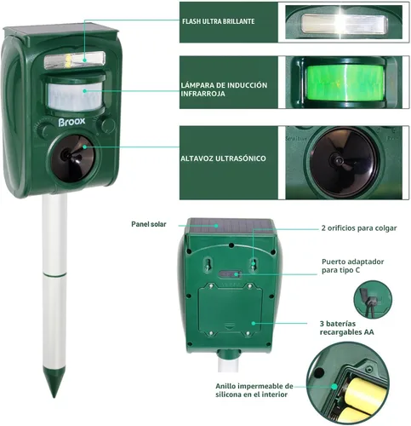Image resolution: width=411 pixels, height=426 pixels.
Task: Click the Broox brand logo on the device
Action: [71, 122]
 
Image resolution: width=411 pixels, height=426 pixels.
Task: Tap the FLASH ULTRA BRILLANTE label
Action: [218, 21]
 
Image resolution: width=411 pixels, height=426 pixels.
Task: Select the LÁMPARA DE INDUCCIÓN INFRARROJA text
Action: [224, 89]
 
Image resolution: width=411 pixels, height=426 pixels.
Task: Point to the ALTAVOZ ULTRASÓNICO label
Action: [223, 158]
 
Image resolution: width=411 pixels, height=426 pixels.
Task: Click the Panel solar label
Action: [149, 224]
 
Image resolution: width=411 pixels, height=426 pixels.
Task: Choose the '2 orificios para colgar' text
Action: [359, 228]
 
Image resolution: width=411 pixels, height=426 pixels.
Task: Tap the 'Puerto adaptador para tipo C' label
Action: [352, 266]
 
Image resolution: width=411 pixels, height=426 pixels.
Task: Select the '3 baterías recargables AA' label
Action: [346, 328]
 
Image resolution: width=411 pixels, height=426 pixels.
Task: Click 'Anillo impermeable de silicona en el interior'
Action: [254, 390]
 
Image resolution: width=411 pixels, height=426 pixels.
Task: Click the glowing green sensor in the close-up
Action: [345, 83]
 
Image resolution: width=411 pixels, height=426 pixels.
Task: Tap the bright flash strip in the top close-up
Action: [345, 24]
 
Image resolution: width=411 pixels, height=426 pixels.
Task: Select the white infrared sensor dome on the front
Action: [75, 96]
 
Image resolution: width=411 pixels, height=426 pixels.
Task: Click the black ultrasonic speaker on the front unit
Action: [73, 158]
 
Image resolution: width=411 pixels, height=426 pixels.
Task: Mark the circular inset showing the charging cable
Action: [373, 299]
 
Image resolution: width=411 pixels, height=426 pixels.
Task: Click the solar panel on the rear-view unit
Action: [231, 226]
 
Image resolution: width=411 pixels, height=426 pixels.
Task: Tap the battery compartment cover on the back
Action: [230, 308]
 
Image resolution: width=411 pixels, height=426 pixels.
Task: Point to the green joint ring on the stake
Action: [54, 274]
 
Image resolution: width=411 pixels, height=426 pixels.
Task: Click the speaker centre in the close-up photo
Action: [339, 162]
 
